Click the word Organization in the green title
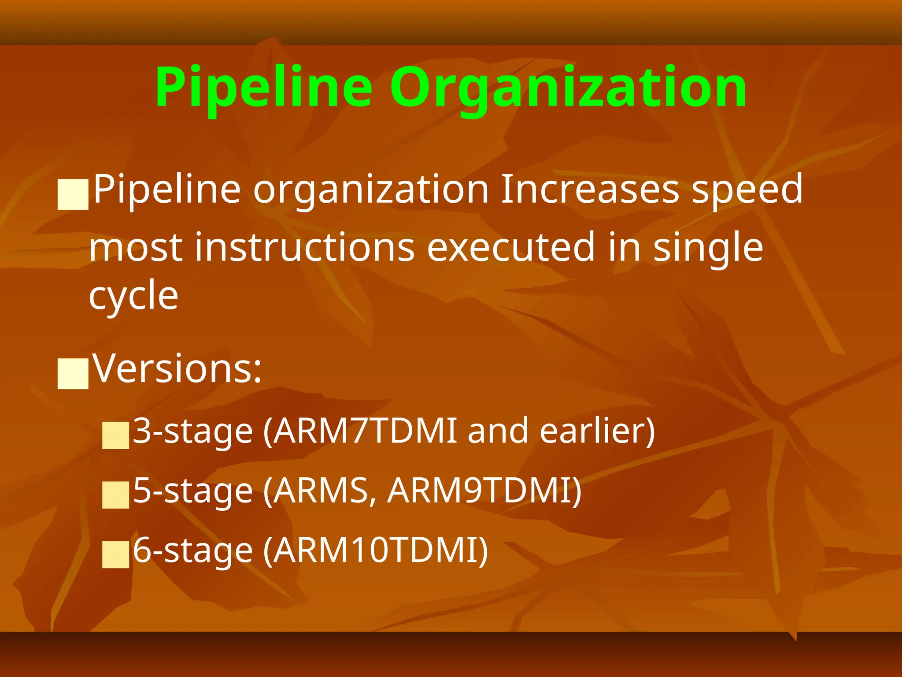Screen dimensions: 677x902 [568, 87]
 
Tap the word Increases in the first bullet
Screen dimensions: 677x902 [590, 189]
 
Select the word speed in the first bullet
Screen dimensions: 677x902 [747, 189]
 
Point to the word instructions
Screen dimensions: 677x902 [304, 247]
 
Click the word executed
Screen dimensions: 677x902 [511, 247]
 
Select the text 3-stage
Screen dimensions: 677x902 [192, 431]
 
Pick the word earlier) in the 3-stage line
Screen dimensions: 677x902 [597, 431]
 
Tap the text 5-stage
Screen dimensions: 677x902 [192, 491]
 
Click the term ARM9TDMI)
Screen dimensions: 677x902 [484, 491]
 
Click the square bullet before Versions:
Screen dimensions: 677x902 [73, 374]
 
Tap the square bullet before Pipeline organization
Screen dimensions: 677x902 [73, 194]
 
